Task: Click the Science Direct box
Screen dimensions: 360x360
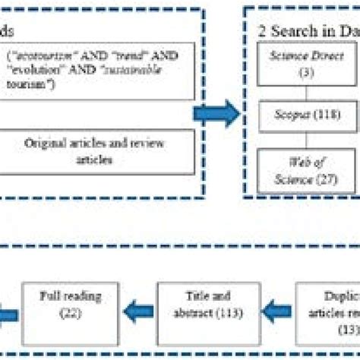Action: click(x=307, y=64)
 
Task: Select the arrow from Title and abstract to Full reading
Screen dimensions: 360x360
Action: click(x=137, y=305)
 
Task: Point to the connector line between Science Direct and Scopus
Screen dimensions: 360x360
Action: click(x=307, y=92)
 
